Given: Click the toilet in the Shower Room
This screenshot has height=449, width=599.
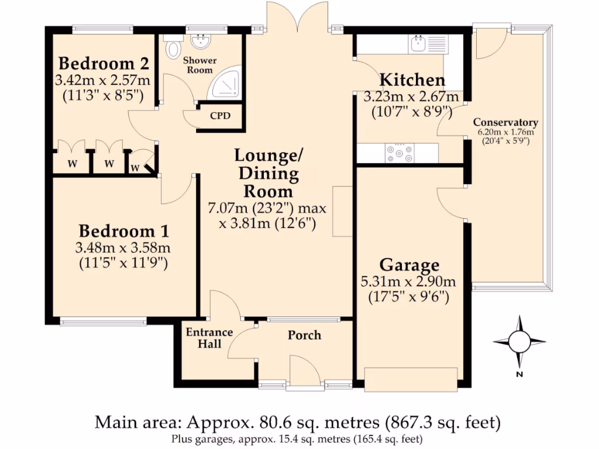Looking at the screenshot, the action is coord(173,47).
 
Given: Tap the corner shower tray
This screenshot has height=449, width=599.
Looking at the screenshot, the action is coord(225,82).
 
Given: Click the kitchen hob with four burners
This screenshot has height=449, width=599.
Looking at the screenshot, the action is coord(399,153).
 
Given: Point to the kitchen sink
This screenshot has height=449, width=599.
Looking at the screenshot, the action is coord(428,44).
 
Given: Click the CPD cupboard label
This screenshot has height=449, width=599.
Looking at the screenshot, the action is coord(221,116).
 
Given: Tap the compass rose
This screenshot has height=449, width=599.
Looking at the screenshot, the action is coord(519,341).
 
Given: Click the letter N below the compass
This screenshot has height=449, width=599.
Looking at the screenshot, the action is coord(519,375).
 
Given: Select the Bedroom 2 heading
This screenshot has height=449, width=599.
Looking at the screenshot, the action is coord(104,63).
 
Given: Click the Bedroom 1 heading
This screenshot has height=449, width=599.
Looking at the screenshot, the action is coord(124,231).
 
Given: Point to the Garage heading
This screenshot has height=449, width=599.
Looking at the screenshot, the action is coord(409,265).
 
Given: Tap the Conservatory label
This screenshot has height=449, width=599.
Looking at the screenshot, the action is coord(505,123).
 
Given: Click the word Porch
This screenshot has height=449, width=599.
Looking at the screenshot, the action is coord(304,335).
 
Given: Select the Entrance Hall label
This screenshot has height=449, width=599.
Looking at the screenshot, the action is coord(209,338).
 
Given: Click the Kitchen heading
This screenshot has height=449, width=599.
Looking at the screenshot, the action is coord(412,80).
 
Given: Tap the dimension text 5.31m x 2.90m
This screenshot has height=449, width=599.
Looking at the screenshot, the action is coord(408,282).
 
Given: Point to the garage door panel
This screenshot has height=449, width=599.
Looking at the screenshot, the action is coord(411,379).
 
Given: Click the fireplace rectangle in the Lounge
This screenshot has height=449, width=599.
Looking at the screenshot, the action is coord(342,212).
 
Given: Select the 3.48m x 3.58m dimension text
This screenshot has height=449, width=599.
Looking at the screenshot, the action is coord(123,248).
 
